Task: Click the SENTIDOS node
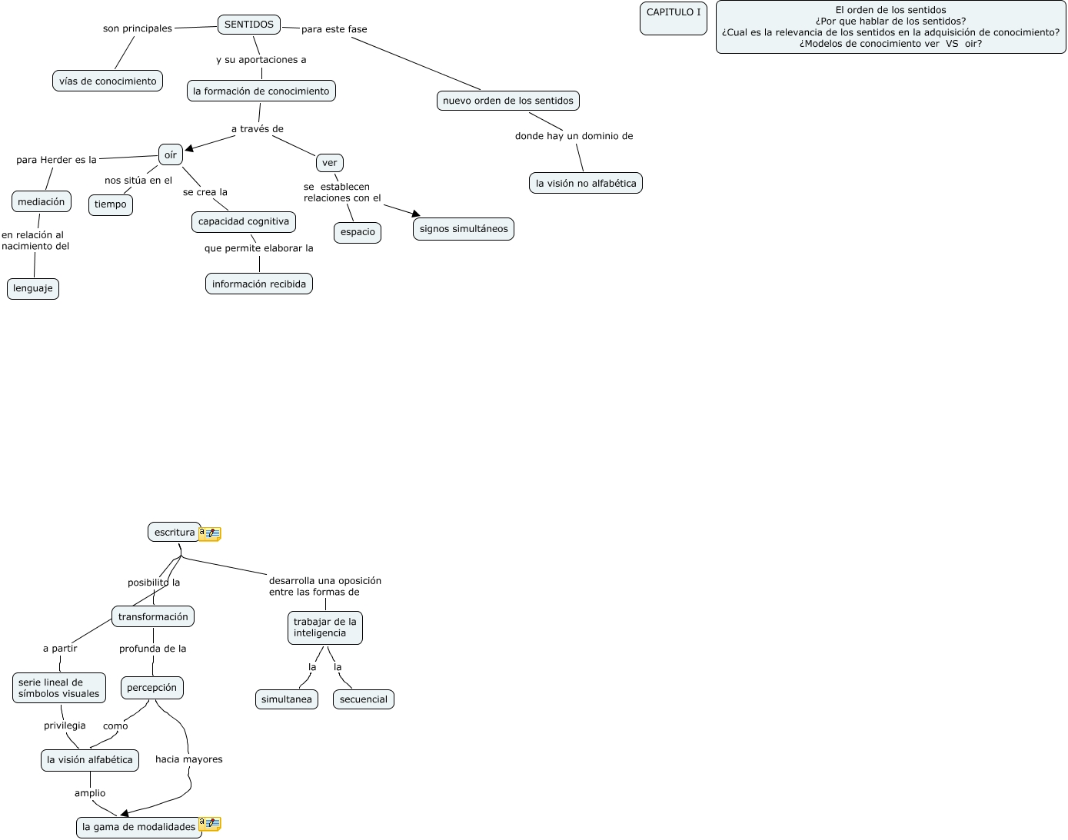pos(249,25)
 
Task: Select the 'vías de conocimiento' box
pos(108,81)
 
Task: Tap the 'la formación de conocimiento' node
pos(261,91)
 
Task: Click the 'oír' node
pos(171,154)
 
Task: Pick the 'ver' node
pos(330,163)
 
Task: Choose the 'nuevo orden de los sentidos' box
pos(508,101)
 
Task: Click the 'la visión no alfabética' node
pos(586,184)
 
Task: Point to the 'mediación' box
pos(42,202)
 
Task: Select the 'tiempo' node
pos(111,204)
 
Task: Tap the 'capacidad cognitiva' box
pos(244,222)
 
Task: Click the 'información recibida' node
pos(259,284)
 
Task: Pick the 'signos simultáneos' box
pos(464,229)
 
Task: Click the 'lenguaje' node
pos(33,289)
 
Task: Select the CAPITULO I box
pos(674,18)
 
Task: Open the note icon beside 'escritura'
pos(210,533)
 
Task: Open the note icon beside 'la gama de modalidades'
pos(210,824)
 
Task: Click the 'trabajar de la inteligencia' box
pos(325,628)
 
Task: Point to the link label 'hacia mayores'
pos(189,759)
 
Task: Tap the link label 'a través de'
pos(258,129)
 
